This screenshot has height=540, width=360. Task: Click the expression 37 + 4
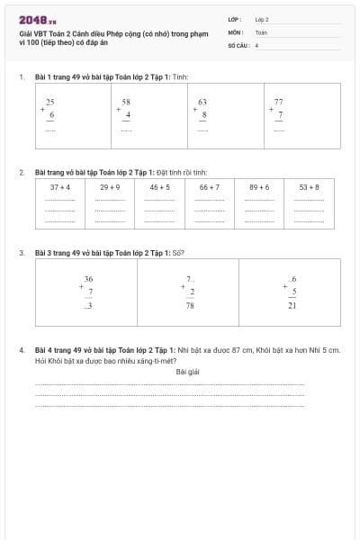[60, 186]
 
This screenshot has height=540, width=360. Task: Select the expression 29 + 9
[110, 186]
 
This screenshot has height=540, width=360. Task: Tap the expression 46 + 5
[159, 186]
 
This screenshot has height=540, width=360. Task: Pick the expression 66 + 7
[209, 186]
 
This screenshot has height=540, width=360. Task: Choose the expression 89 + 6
[259, 186]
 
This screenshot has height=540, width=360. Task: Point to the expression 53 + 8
[309, 186]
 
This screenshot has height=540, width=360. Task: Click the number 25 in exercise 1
[50, 103]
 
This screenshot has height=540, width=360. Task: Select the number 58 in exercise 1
[127, 103]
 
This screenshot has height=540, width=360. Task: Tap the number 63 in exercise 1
[203, 103]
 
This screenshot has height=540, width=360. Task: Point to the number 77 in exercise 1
[279, 103]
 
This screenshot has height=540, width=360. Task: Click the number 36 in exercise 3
[88, 279]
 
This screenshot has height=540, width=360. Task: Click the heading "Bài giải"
[187, 371]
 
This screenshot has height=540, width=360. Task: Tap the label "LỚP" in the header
[234, 18]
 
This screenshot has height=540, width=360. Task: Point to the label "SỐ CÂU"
[238, 43]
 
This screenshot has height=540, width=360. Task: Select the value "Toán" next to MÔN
[261, 31]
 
